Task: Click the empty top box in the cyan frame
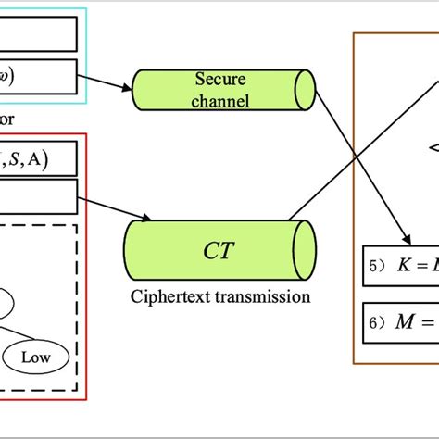[37, 34]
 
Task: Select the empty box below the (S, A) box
[37, 196]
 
